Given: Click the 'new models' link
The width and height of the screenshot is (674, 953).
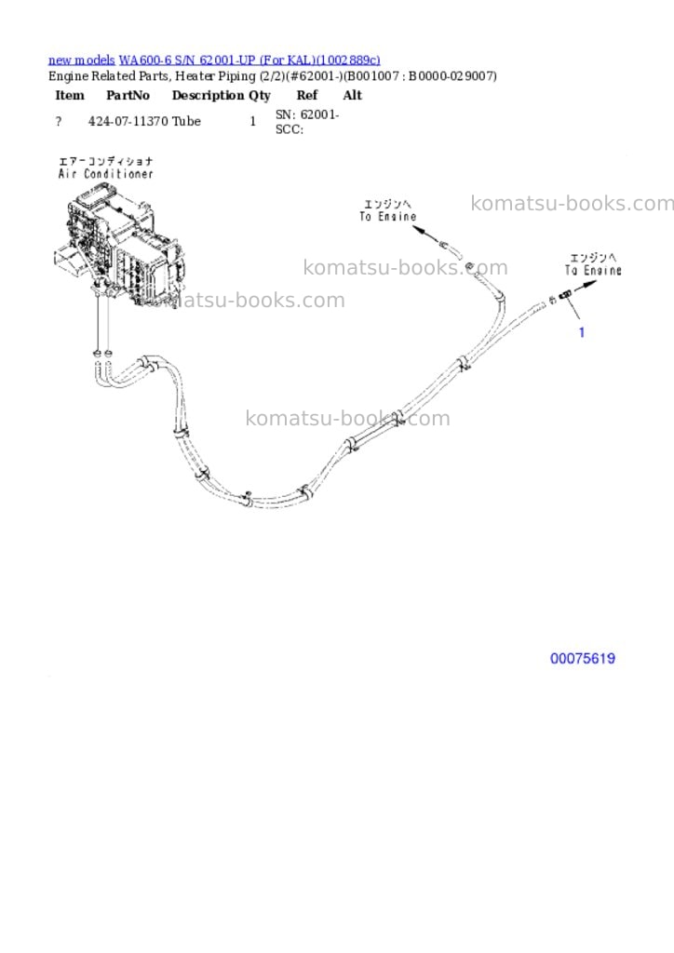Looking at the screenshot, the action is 81,60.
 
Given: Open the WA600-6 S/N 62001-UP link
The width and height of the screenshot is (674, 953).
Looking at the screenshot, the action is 249,60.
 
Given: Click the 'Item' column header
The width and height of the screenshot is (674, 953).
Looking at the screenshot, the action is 70,96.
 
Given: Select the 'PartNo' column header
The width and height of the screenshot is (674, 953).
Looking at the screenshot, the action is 128,96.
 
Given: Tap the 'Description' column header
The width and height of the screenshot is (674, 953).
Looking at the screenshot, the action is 208,96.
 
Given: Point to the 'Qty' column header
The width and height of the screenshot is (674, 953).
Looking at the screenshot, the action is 260,96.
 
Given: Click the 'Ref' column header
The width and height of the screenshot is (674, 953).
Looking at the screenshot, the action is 307,96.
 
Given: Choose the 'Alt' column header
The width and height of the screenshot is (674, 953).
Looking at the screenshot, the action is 353,96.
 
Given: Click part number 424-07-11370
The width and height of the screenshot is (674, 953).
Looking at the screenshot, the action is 128,121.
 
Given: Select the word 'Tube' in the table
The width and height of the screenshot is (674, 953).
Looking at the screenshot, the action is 186,121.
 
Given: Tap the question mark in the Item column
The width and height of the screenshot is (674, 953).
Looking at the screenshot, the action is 59,122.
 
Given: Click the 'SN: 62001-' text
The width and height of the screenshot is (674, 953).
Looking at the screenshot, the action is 307,114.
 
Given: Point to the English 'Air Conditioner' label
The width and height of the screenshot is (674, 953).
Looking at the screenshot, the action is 106,174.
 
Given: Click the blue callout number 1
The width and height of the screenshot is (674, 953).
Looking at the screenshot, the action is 582,332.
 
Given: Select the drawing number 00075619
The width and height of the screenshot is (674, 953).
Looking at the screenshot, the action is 582,658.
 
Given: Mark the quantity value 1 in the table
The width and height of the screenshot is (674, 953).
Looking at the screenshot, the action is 253,122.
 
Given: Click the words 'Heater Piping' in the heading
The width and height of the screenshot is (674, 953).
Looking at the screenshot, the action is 215,76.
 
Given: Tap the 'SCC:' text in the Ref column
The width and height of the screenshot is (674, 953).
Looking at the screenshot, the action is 290,129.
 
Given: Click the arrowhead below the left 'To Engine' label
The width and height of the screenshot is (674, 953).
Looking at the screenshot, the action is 419,230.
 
